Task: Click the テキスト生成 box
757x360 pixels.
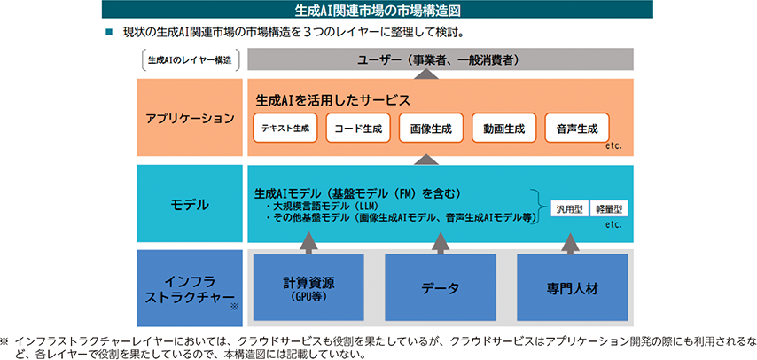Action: pos(285,128)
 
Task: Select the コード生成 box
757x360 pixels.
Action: pos(358,128)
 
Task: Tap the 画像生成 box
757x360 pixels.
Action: pos(431,128)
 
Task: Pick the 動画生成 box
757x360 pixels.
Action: pos(503,128)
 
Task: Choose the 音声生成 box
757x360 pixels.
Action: pos(577,128)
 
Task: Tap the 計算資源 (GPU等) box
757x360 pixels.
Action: pos(308,287)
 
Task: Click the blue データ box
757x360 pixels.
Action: pos(441,287)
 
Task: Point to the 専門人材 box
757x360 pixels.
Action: pos(572,287)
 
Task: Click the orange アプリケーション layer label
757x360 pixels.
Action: pos(190,118)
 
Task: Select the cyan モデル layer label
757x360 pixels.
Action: pos(190,204)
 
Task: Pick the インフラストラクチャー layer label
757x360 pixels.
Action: pos(190,288)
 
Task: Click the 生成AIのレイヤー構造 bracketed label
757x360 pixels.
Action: pos(190,61)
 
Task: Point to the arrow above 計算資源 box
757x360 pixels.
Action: pos(308,243)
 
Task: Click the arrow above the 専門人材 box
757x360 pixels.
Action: pos(570,243)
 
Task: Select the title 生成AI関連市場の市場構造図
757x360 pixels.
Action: pos(378,9)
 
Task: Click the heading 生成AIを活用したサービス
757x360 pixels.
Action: pos(332,100)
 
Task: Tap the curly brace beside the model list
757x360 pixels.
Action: pos(541,207)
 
